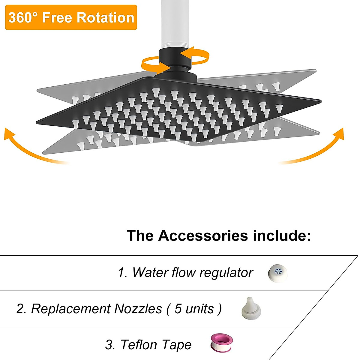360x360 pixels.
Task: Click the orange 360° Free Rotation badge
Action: pos(71,17)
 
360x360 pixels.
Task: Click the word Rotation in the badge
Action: pos(105,17)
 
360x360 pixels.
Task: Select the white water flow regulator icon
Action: pos(278,273)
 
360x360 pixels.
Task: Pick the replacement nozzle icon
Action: pos(251,309)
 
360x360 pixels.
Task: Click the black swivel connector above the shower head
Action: pos(174,64)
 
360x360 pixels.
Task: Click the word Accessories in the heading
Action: pos(203,235)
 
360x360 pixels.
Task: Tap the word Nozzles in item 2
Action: pos(138,309)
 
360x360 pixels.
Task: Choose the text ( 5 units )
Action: pos(194,309)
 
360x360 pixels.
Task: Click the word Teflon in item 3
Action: pos(139,345)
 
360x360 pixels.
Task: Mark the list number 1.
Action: pos(122,273)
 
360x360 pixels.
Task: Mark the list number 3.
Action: pos(110,345)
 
